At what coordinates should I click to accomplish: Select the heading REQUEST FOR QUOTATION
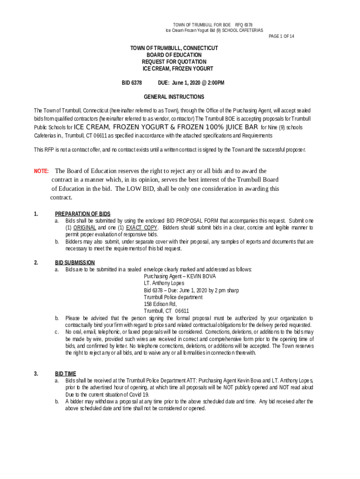click(x=174, y=62)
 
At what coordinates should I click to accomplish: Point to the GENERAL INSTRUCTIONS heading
click(x=174, y=97)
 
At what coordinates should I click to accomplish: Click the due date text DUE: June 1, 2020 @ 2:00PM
click(x=191, y=83)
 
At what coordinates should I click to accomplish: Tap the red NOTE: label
click(x=42, y=171)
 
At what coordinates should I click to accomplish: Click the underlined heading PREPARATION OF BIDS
click(x=83, y=214)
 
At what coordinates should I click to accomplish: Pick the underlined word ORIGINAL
click(x=85, y=227)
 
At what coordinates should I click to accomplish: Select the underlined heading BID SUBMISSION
click(x=75, y=262)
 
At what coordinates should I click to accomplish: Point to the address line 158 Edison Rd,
click(x=160, y=304)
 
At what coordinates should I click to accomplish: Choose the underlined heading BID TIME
click(x=65, y=374)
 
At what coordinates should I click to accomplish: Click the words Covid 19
click(x=133, y=394)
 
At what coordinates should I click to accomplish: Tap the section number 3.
click(x=36, y=374)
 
